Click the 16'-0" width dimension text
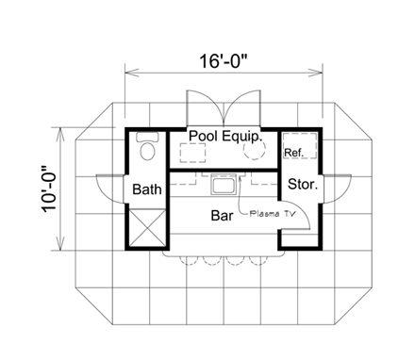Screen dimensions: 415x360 (224, 60)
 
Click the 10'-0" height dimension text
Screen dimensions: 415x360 (49, 189)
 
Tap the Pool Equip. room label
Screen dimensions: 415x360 (225, 136)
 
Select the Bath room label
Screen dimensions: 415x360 (147, 189)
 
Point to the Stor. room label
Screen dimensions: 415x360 (303, 184)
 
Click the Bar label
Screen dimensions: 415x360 (222, 216)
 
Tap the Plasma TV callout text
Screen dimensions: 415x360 (273, 214)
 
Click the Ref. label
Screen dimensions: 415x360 (294, 153)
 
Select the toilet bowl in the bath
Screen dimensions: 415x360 (147, 151)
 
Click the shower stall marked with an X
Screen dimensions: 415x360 (147, 228)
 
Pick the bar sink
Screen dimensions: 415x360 (224, 184)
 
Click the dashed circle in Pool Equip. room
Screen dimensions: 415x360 (254, 149)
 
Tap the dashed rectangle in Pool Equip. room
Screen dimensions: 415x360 (192, 153)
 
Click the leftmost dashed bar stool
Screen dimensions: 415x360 (190, 260)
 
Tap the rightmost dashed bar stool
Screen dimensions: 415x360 (258, 260)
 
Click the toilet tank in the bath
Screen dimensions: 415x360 (147, 137)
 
